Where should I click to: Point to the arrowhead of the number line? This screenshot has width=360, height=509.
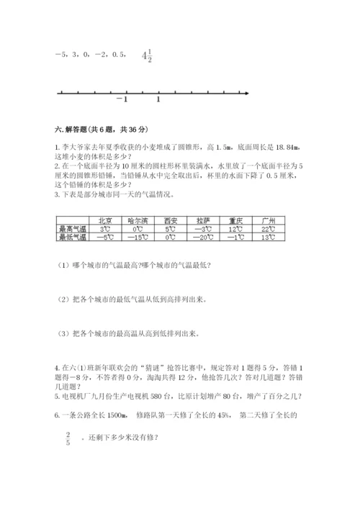(246, 93)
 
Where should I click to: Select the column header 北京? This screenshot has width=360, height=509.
(104, 221)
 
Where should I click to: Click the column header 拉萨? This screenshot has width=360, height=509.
(203, 221)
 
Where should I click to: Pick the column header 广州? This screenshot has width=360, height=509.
(269, 221)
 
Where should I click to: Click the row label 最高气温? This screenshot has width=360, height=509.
(72, 228)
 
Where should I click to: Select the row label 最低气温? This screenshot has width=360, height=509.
(72, 236)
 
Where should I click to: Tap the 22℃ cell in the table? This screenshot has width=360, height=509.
(269, 228)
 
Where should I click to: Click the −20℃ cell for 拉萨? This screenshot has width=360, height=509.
(203, 236)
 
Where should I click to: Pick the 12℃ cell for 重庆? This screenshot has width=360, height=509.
(236, 228)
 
